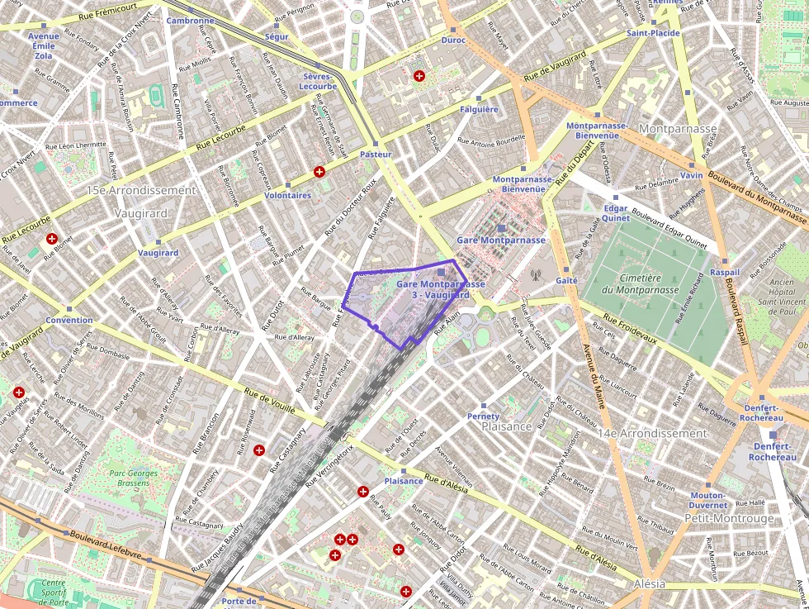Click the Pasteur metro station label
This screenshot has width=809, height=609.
pos(376,155)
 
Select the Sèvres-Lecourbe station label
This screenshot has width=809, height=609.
pos(318,81)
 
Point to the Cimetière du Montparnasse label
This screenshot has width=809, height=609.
pos(635,283)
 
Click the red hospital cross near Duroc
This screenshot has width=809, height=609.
pos(419,76)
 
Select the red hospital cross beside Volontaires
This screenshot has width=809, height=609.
pos(319,172)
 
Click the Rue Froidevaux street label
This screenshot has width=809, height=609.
pos(631,328)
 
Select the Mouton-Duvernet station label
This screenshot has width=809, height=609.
pos(708,500)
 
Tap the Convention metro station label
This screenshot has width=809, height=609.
pos(69,320)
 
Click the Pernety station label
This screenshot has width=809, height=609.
pos(483,416)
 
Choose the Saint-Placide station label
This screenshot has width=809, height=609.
pos(653,33)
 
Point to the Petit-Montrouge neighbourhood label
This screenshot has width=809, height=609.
pos(729,518)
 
